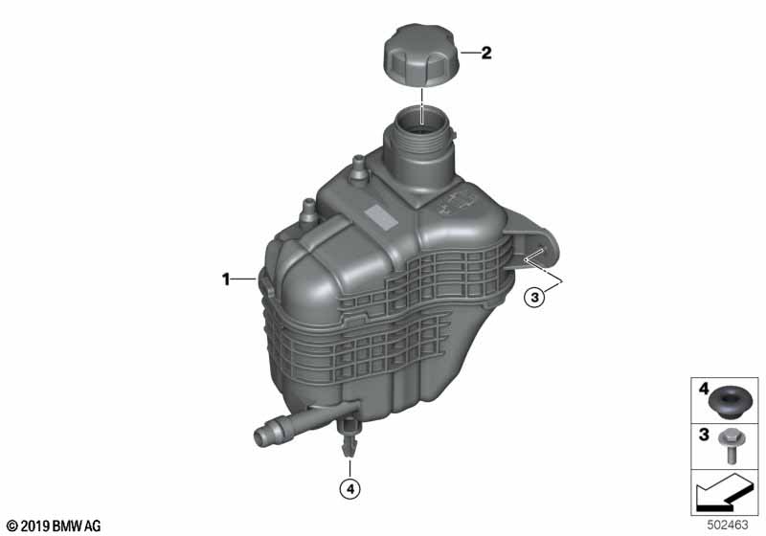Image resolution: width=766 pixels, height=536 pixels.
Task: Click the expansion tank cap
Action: (x=423, y=55)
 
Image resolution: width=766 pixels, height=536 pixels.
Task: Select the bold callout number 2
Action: (x=486, y=53)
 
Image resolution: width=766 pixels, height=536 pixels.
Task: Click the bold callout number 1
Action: (x=226, y=279)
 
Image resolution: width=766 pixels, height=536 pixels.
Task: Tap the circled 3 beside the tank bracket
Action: (x=534, y=297)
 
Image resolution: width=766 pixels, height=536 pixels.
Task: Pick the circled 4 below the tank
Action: (x=350, y=488)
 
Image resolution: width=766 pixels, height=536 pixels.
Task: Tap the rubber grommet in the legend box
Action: (x=731, y=403)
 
